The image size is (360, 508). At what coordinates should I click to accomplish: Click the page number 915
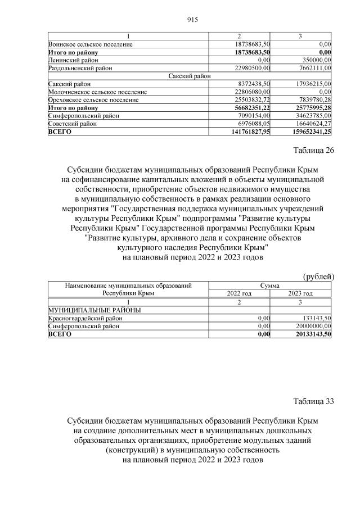[192, 20]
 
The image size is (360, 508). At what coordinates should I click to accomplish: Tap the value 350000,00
[316, 59]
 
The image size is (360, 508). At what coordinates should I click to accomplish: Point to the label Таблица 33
[314, 401]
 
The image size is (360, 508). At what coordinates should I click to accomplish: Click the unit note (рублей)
[318, 276]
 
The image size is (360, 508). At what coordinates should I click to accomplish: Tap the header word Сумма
[270, 285]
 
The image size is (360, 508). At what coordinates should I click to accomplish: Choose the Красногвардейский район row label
[84, 318]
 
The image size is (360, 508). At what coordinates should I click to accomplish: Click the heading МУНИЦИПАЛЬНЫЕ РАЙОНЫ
[94, 310]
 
